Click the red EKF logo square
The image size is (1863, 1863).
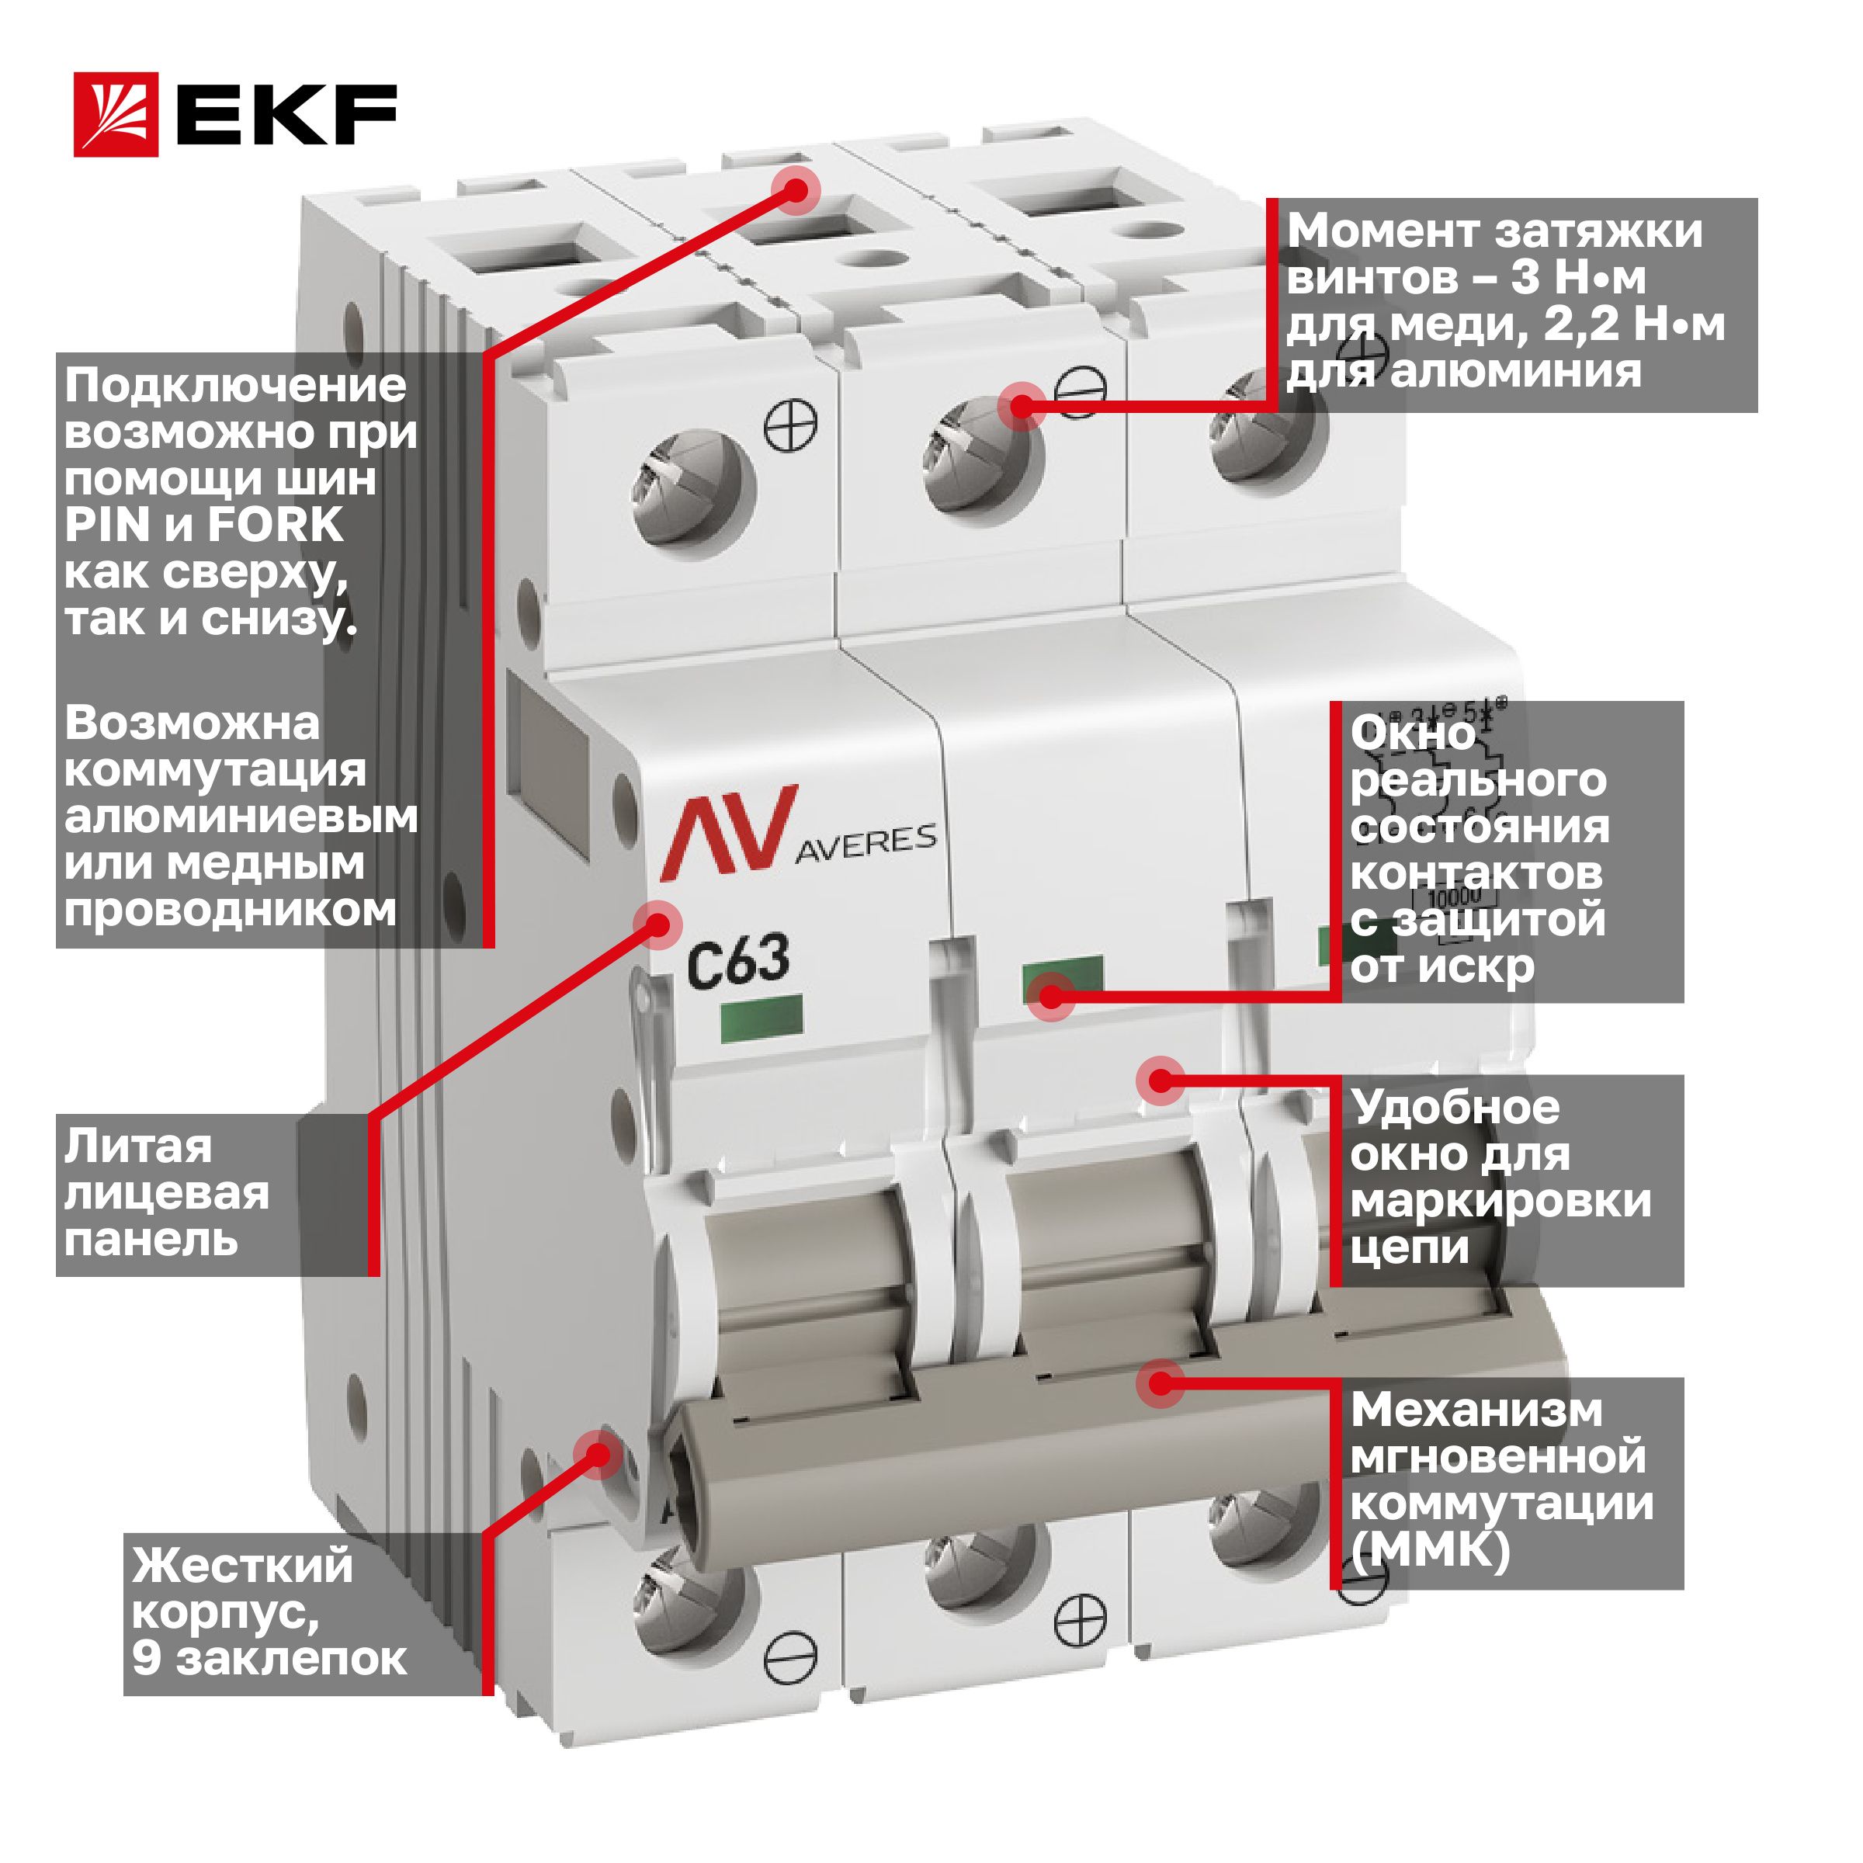(116, 114)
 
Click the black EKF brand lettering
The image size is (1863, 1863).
(286, 115)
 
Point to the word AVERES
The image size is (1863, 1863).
(865, 841)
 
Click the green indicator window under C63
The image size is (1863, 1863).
(762, 1020)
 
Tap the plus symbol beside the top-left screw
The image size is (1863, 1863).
(792, 426)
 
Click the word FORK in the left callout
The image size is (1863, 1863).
(275, 526)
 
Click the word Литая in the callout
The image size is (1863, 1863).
(138, 1147)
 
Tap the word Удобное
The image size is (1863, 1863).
(1454, 1108)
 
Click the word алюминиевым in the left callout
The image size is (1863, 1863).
(241, 817)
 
